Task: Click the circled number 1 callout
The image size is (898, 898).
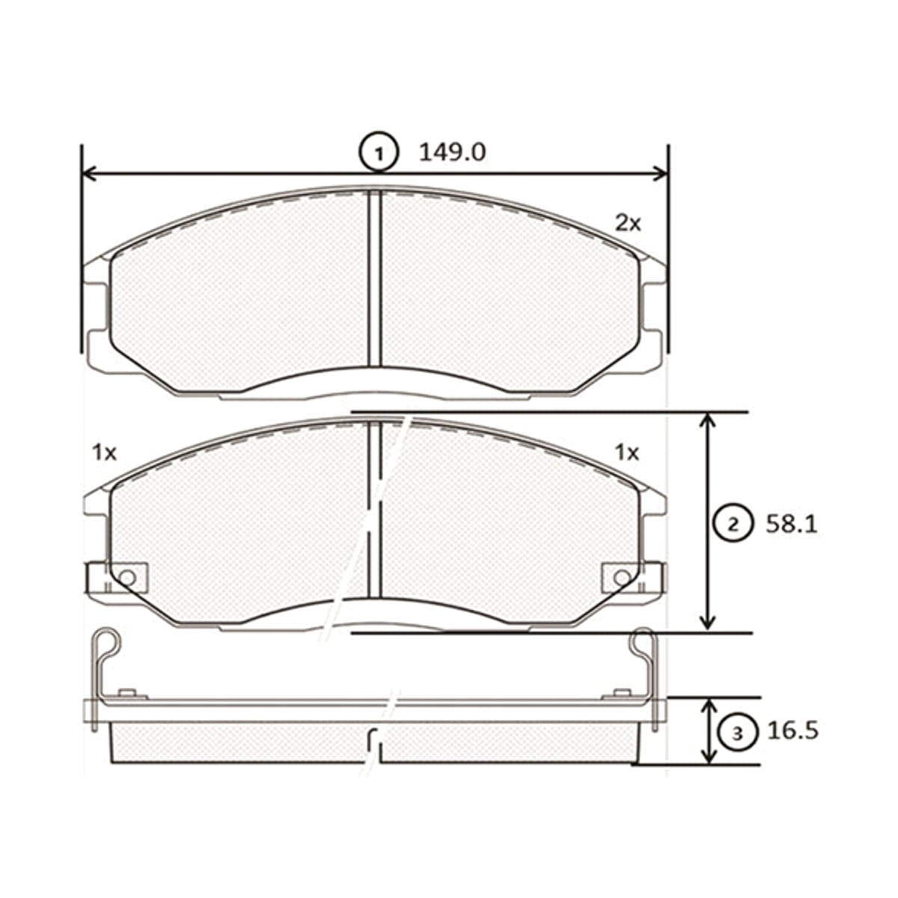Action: [379, 153]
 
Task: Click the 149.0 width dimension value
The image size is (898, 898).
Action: [453, 153]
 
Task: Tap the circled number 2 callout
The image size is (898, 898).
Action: [733, 525]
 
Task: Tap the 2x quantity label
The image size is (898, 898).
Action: [628, 224]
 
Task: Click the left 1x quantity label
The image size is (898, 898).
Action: [104, 453]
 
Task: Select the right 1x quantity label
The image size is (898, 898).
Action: [627, 453]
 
